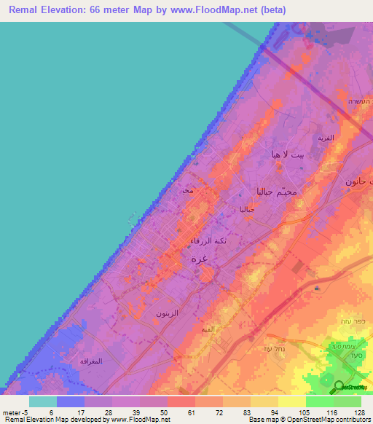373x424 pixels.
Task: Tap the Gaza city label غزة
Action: click(199, 259)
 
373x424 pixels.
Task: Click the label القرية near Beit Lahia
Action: click(325, 137)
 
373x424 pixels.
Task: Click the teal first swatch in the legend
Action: click(43, 401)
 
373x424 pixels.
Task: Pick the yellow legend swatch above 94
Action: click(264, 401)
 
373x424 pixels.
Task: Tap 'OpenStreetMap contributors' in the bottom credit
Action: click(334, 420)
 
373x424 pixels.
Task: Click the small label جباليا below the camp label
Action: click(247, 210)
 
